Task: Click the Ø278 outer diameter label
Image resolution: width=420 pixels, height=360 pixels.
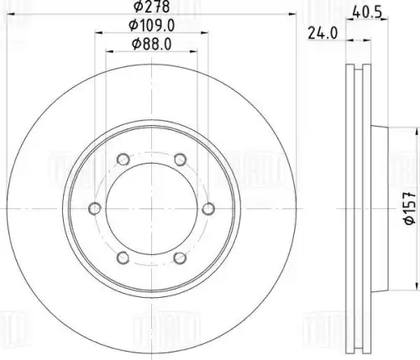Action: [151, 7]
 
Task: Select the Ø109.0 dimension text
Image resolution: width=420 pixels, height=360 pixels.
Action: [151, 26]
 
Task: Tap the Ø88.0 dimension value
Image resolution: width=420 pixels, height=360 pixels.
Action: [151, 44]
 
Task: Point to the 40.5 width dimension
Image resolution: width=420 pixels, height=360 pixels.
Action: [367, 13]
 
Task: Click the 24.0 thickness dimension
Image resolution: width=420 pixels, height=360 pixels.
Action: [323, 34]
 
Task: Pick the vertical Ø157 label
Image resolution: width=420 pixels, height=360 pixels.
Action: [409, 208]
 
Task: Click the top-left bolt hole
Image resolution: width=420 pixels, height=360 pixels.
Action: [123, 159]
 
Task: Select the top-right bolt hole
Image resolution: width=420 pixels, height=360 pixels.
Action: [180, 159]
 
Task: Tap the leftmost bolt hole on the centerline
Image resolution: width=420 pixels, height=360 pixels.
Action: [95, 209]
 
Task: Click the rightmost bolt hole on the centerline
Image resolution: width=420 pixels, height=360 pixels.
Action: [208, 209]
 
